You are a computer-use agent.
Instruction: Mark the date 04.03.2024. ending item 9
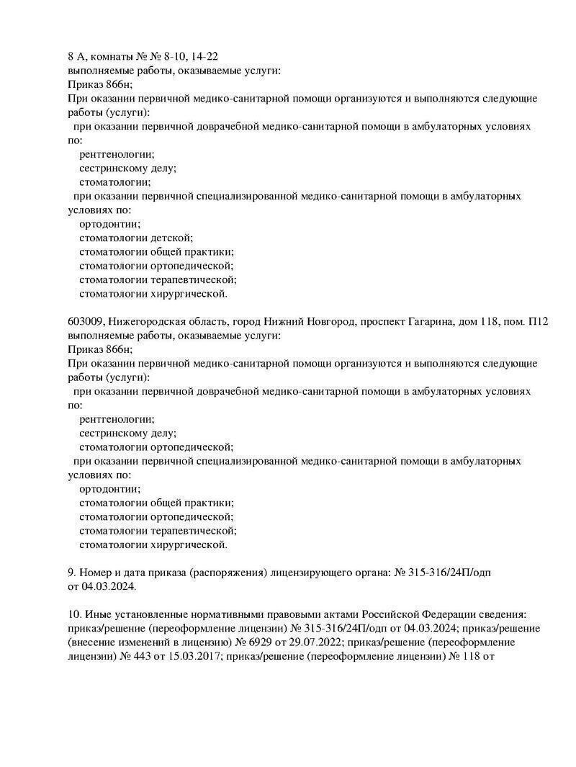109,586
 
